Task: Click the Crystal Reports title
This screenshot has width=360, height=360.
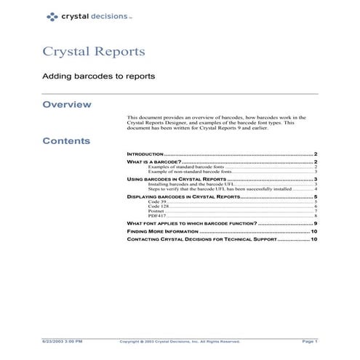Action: coord(94,52)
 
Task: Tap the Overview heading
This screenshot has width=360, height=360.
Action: coord(67,105)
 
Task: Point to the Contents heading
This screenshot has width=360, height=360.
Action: coord(66,140)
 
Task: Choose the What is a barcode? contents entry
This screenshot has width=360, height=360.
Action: coord(153,163)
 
